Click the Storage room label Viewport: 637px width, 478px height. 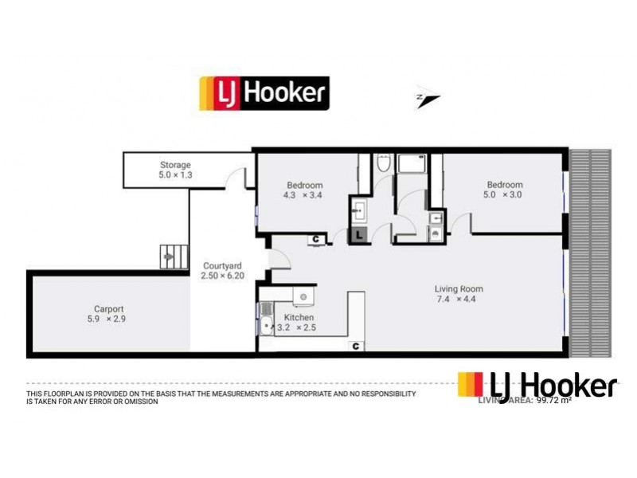(x=175, y=165)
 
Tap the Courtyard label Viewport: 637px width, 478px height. (x=222, y=265)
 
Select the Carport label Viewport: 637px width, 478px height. (x=108, y=308)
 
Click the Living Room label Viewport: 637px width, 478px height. (x=459, y=288)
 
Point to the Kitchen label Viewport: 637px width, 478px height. (x=299, y=317)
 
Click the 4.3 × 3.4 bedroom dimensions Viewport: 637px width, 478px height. (x=305, y=196)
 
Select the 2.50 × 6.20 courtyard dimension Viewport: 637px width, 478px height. (x=222, y=276)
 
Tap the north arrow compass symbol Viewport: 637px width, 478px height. (x=428, y=100)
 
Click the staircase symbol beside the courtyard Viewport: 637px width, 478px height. (x=170, y=255)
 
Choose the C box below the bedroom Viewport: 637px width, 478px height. (x=316, y=238)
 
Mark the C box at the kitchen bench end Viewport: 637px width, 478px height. (x=356, y=346)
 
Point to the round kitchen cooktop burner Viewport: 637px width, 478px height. (x=303, y=296)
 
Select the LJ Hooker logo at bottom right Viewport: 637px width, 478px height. (x=537, y=386)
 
